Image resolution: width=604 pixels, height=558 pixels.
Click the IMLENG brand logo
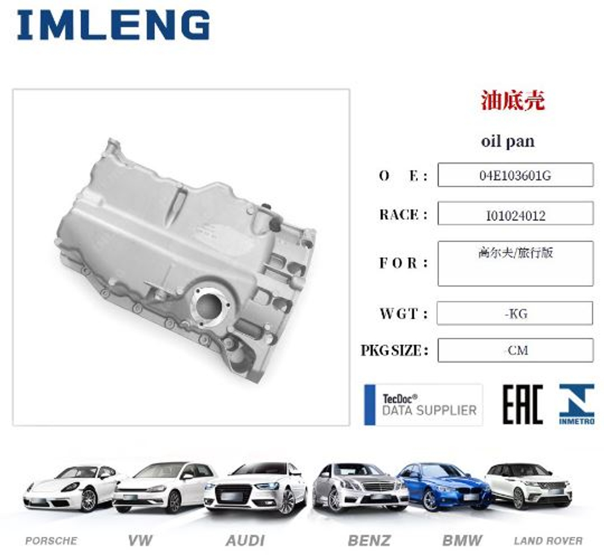114,25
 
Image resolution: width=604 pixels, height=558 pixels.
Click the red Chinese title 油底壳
513,100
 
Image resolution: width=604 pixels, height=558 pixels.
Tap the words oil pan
508,141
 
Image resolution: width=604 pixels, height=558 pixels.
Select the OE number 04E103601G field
515,175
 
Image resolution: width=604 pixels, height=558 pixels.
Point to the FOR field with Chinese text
515,263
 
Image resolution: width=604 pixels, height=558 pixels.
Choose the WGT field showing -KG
515,313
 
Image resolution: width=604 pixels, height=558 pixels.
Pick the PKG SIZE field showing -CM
515,350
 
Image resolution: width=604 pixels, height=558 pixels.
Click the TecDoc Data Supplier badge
423,405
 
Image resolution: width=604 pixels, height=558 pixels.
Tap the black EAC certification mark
522,405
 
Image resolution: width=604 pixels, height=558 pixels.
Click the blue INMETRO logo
577,404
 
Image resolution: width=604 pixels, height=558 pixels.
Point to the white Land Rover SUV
528,486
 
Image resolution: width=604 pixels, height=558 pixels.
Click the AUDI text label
245,540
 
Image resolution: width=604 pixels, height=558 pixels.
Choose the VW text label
140,540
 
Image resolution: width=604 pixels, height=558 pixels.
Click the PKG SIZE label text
394,350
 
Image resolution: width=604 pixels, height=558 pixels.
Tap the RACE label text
403,214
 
